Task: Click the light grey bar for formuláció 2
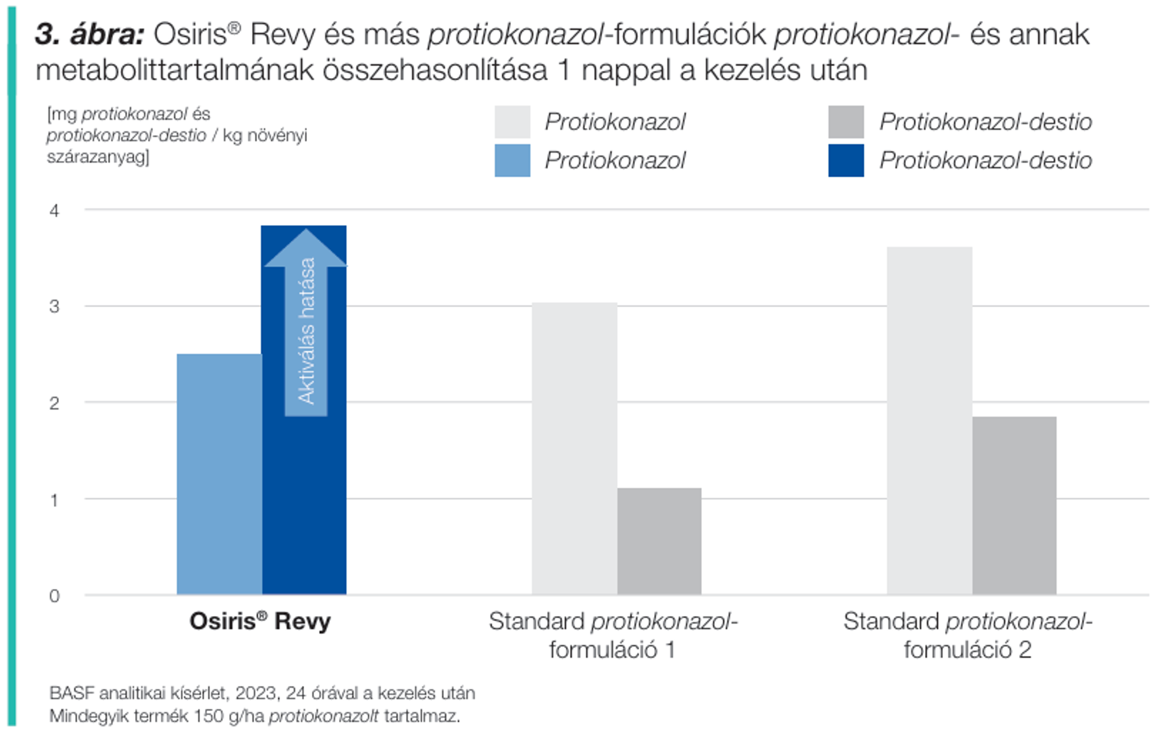click(929, 420)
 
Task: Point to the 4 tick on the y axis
click(54, 210)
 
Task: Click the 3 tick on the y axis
click(54, 307)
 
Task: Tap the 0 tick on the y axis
click(54, 596)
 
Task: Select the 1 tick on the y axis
click(54, 500)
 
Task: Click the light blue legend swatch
click(512, 160)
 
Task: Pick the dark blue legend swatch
click(846, 160)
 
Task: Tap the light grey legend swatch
click(512, 122)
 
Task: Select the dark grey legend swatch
click(846, 122)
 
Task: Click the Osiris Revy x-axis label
click(260, 621)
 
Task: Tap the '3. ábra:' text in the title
click(89, 34)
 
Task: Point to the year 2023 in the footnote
click(256, 693)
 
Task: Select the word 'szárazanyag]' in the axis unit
click(98, 157)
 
